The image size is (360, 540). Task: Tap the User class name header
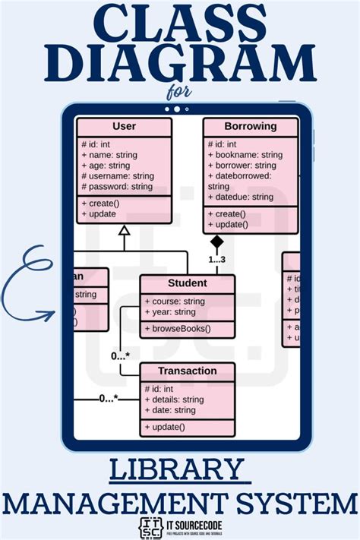(x=124, y=126)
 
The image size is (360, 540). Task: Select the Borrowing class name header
(x=250, y=126)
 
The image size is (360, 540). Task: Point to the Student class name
(x=187, y=283)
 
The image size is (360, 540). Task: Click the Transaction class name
(x=187, y=371)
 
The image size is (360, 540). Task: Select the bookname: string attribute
(x=245, y=155)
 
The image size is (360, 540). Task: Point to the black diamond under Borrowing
(x=217, y=242)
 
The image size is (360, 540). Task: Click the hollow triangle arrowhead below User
(x=125, y=231)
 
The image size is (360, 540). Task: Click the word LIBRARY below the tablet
(x=179, y=471)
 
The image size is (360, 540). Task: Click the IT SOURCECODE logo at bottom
(x=179, y=527)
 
